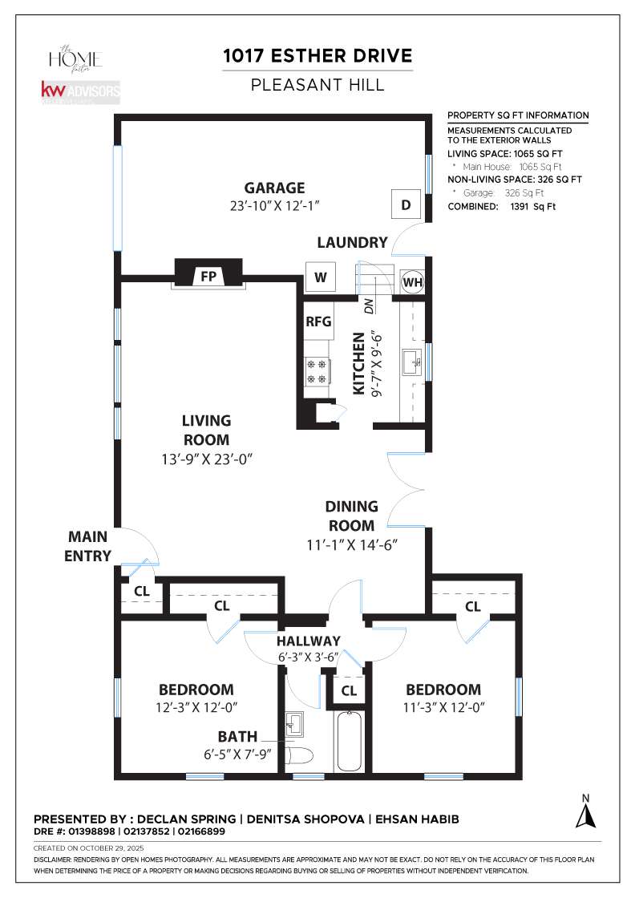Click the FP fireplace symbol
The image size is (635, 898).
(208, 275)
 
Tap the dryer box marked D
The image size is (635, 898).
(406, 205)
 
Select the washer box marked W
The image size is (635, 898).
(321, 277)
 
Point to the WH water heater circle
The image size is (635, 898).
(412, 282)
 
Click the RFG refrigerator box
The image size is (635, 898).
(318, 322)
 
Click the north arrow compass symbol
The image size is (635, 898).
(586, 811)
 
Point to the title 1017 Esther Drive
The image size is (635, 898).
(318, 55)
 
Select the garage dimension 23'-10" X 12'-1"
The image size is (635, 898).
(274, 205)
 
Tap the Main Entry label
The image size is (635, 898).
(88, 546)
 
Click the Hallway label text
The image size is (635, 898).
(309, 641)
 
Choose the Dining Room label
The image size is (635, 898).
(351, 516)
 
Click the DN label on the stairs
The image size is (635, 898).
(369, 305)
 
